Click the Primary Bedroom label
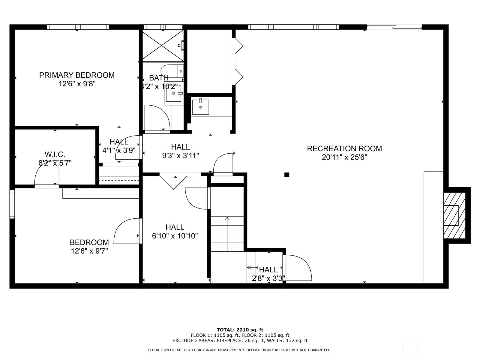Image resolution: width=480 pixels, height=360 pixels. tap(77, 79)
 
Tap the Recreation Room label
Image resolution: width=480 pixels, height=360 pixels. tap(344, 153)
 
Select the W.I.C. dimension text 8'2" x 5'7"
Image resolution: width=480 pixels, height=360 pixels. tap(55, 163)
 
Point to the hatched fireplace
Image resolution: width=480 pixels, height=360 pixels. tap(454, 215)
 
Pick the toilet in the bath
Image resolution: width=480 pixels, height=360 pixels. tap(172, 71)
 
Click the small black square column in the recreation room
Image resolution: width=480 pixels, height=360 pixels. tap(287, 175)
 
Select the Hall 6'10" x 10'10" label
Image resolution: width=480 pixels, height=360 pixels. tap(175, 232)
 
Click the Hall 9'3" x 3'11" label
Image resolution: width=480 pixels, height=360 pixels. tap(180, 151)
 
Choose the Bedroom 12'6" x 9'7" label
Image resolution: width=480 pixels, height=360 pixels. tap(89, 247)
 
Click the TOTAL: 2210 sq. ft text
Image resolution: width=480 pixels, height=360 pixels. tap(240, 330)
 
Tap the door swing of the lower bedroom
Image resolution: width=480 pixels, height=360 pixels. tap(127, 231)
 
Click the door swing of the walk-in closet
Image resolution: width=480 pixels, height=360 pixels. tap(46, 173)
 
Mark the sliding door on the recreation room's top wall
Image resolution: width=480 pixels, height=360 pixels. tap(394, 27)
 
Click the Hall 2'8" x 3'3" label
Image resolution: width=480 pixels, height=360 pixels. tap(268, 274)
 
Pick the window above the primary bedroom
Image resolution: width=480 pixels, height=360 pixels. tap(78, 27)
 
